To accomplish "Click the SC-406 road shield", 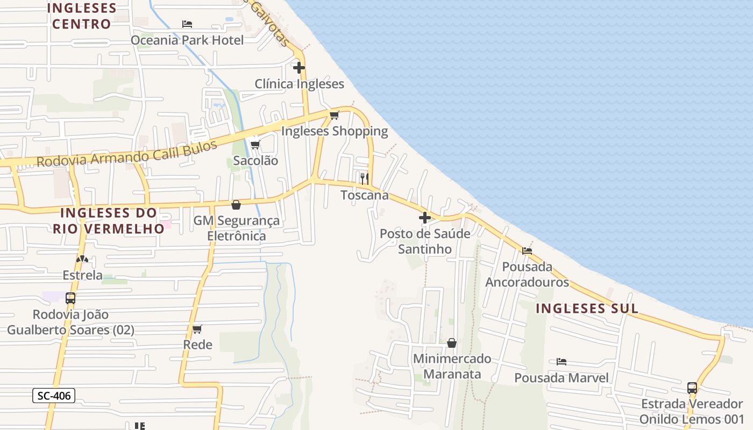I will (x=54, y=396).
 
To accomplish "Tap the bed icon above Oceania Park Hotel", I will (x=187, y=24).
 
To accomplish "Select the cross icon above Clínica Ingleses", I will (x=299, y=68).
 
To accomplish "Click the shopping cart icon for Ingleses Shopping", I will (x=335, y=115).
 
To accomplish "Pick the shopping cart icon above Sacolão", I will (x=255, y=145).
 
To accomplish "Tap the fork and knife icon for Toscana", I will (x=365, y=178).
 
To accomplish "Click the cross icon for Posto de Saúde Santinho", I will (x=425, y=218).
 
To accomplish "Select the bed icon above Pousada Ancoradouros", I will (x=527, y=250).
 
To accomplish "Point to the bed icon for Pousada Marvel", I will (x=562, y=362).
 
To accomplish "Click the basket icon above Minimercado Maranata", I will (x=452, y=342).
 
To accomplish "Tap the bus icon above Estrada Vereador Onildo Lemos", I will (x=692, y=388).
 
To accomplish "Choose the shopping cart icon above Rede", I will (x=197, y=329).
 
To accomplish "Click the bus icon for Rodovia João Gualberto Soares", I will (x=70, y=298).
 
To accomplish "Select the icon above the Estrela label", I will (x=82, y=259).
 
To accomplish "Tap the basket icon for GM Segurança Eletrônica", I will (x=236, y=205).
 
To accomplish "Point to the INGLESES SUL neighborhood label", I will (x=587, y=309).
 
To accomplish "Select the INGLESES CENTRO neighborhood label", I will (x=82, y=16).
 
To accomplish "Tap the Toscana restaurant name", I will (x=365, y=195).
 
